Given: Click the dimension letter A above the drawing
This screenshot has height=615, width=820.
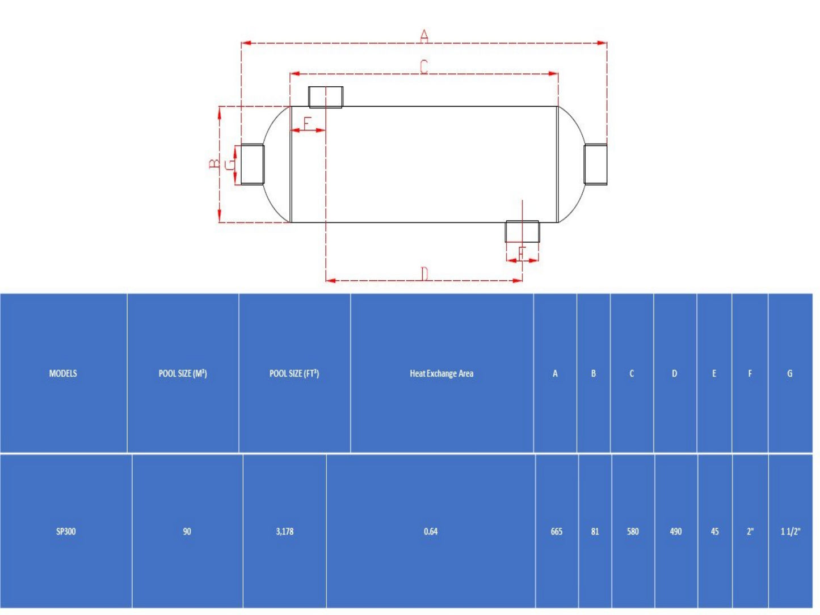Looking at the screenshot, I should click(424, 36).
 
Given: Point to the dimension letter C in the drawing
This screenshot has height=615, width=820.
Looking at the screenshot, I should click(424, 67).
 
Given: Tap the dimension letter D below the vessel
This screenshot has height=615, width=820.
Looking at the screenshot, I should click(424, 274).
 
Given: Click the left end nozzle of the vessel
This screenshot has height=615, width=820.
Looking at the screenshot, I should click(253, 164).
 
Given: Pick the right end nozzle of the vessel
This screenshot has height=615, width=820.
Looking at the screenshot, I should click(595, 164).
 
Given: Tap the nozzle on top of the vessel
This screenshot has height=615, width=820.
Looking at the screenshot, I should click(326, 97).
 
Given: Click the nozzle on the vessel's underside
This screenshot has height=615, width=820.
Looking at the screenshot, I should click(522, 231).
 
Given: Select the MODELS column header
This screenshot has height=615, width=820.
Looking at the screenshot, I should click(63, 373).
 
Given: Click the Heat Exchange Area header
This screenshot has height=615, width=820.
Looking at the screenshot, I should click(441, 373).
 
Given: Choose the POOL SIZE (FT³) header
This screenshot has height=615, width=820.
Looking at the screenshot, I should click(294, 373).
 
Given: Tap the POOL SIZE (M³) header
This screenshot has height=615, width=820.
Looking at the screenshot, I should click(183, 373).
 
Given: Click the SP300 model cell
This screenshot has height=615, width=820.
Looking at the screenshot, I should click(66, 532).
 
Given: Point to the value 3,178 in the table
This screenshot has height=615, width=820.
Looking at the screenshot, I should click(285, 532).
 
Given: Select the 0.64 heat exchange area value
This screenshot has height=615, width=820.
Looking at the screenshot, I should click(431, 532).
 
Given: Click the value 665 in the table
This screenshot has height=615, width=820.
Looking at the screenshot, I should click(557, 532).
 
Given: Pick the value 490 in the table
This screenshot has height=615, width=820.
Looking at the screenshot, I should click(676, 532).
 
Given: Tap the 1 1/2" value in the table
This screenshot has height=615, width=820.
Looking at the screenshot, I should click(790, 532).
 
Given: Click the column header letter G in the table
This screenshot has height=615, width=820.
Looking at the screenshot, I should click(790, 373).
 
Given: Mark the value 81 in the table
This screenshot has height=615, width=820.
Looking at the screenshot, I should click(595, 532).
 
